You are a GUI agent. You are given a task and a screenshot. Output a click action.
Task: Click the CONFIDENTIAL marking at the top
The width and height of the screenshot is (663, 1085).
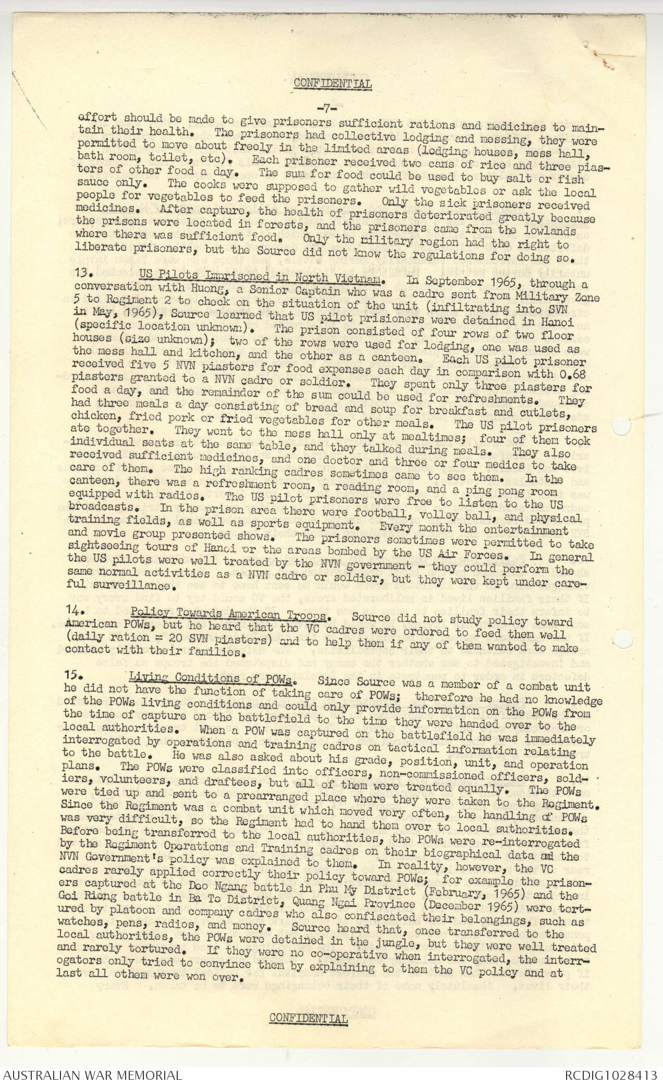tap(333, 83)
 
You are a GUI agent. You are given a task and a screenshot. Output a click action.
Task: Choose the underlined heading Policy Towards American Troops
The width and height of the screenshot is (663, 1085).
tap(229, 613)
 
